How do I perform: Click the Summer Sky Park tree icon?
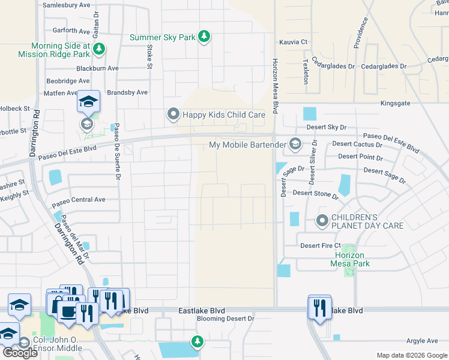pos(204,37)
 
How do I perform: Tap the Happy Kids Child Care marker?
pos(173,114)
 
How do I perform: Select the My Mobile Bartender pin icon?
pos(295,144)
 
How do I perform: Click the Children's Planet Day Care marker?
pos(322,221)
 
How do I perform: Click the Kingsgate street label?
pos(395,103)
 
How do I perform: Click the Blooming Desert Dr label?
pos(226,319)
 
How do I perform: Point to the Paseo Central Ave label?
pos(78,199)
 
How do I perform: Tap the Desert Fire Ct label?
pos(321,245)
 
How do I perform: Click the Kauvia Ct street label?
pos(293,42)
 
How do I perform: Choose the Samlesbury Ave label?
pos(67,5)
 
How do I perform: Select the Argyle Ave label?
pos(422,341)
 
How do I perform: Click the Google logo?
pos(20,352)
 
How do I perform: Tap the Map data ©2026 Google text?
pos(411,355)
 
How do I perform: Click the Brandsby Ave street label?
pos(127,92)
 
